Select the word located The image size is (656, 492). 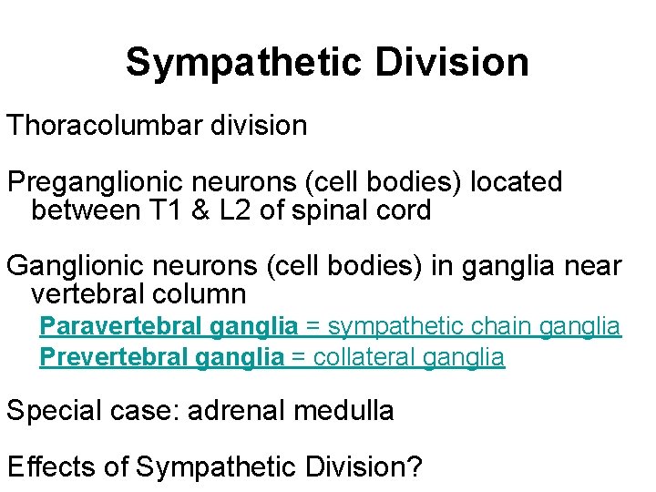[516, 182]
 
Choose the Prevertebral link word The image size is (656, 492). [113, 357]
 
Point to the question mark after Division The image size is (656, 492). [415, 466]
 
